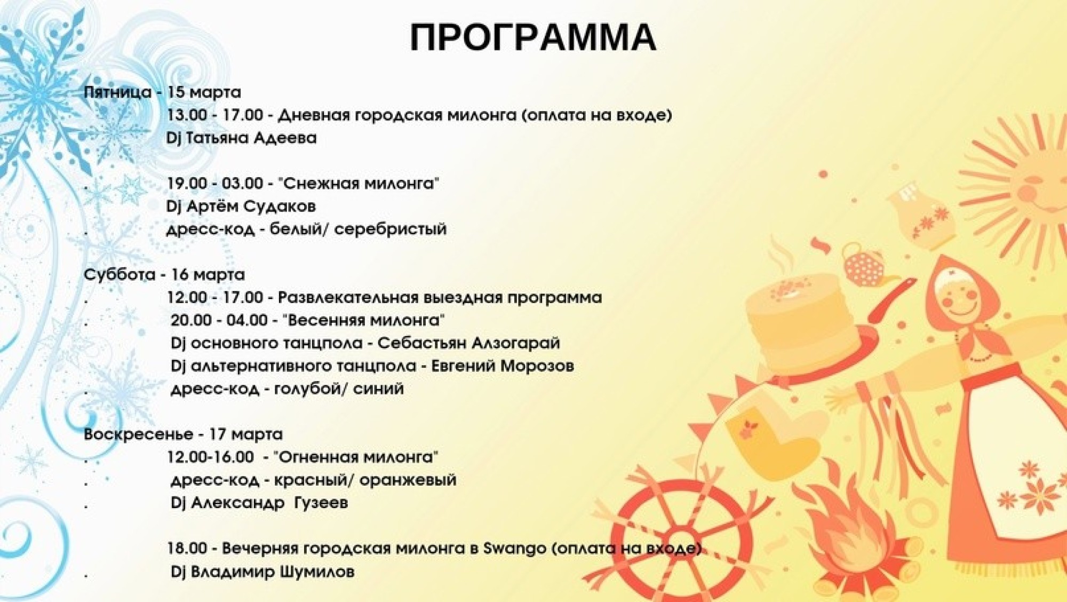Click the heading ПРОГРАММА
[x=532, y=37]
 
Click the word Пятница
[x=118, y=92]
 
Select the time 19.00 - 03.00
[x=214, y=183]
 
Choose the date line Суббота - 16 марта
[x=164, y=275]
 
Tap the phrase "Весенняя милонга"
[x=364, y=320]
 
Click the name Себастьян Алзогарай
[x=468, y=343]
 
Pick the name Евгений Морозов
[x=502, y=366]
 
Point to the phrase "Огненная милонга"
[x=356, y=457]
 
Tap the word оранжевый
[x=408, y=480]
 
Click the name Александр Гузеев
[x=269, y=503]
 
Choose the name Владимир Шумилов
[x=273, y=572]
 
